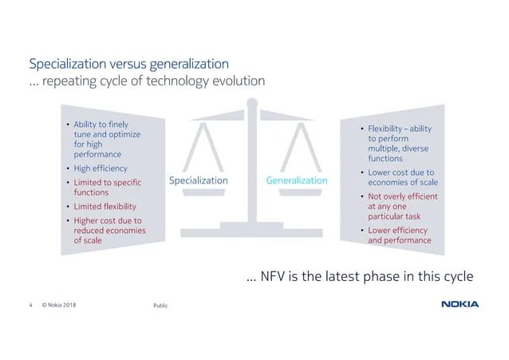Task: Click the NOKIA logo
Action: [460, 304]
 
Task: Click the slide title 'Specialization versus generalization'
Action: [128, 63]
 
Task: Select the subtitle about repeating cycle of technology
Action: [147, 81]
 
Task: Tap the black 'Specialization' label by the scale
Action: [199, 180]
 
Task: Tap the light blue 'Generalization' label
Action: [296, 180]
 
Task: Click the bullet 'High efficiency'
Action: [100, 168]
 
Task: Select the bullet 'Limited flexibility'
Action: [105, 206]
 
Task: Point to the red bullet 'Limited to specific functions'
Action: [107, 187]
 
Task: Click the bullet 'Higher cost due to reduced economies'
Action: [107, 230]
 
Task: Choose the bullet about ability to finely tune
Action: [107, 139]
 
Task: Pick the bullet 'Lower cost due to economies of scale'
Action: [402, 177]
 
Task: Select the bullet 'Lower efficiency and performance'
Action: [399, 235]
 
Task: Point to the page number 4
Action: [31, 304]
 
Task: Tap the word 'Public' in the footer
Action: [160, 305]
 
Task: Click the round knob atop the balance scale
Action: [252, 103]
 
